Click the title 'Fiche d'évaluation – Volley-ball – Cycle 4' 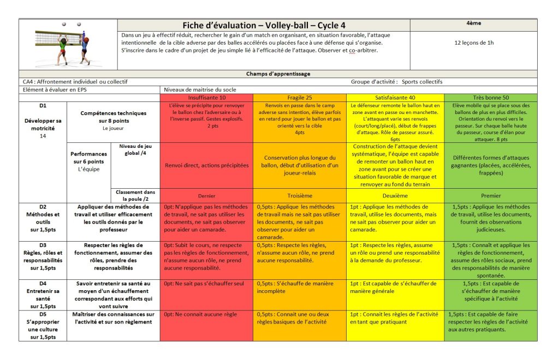click(x=263, y=26)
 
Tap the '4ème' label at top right click(x=474, y=23)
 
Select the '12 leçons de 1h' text click(x=474, y=42)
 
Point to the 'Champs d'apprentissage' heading click(x=278, y=74)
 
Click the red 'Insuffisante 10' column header click(x=206, y=97)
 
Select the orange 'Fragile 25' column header click(x=299, y=97)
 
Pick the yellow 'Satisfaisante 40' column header click(x=395, y=97)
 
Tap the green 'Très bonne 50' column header click(x=491, y=97)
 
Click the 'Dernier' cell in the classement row click(x=206, y=195)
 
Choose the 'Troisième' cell click(x=299, y=195)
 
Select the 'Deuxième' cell click(x=395, y=195)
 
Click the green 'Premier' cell click(x=491, y=195)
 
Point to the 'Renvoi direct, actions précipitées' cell click(x=206, y=165)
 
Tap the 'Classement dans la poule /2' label click(x=135, y=195)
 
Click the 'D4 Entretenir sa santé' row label click(x=43, y=295)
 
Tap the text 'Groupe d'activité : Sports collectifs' click(x=396, y=82)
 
